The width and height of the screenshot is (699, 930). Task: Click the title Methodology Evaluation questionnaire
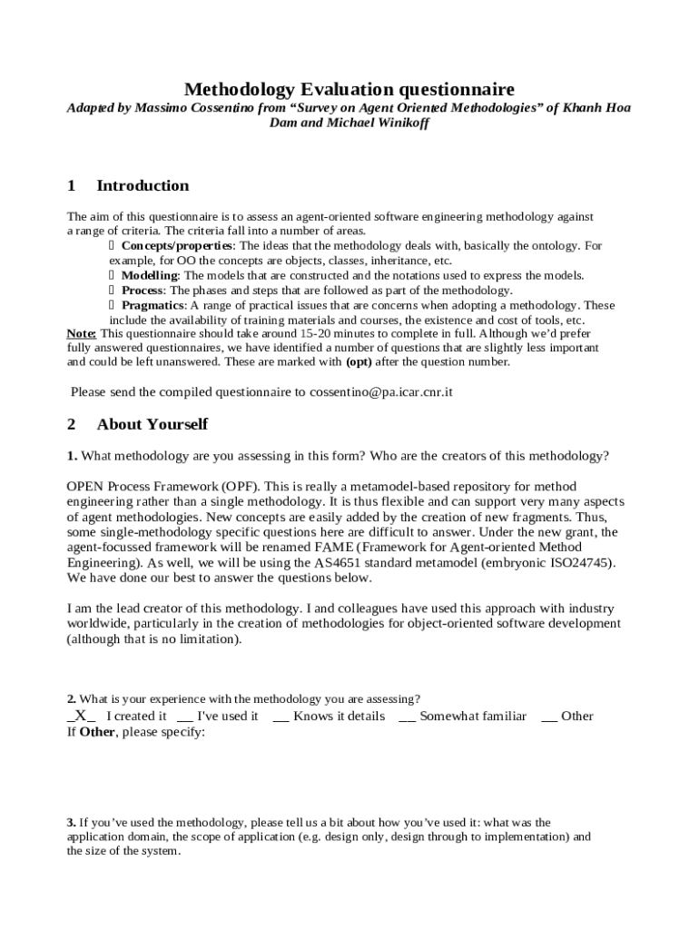349,89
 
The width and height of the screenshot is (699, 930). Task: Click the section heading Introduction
143,186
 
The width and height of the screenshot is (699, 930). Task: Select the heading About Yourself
152,424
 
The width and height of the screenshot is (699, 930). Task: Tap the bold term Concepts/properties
177,246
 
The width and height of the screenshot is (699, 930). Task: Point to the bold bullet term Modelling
150,275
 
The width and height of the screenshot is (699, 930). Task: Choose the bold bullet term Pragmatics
153,305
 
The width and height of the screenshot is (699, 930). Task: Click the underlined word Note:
82,333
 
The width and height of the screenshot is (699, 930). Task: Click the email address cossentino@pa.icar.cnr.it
381,392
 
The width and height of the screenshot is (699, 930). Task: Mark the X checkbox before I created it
81,716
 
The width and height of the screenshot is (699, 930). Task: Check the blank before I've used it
184,717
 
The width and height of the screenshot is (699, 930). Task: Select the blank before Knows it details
281,717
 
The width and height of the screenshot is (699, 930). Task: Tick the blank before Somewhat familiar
407,717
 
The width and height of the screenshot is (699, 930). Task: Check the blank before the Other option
548,717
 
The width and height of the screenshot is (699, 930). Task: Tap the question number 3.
71,823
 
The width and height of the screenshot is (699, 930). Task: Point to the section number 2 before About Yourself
72,424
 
